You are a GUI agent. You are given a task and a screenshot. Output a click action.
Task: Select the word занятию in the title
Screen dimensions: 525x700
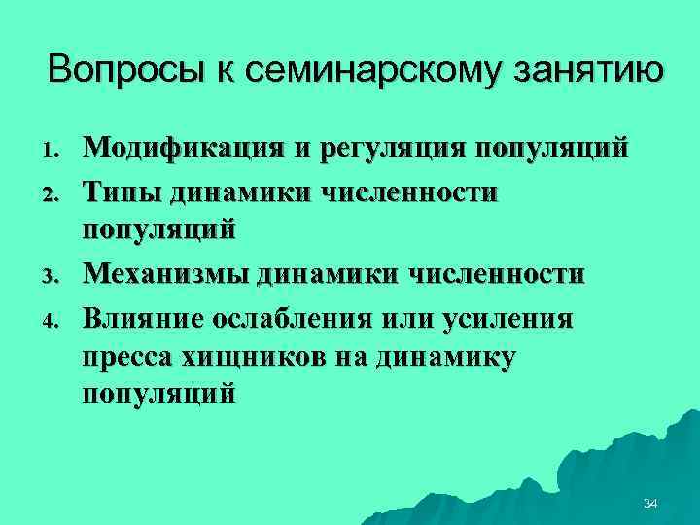tap(582, 71)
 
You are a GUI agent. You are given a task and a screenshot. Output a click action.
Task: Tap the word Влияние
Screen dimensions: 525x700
tap(142, 317)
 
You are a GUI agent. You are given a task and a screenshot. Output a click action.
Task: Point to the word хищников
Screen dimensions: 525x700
tap(242, 357)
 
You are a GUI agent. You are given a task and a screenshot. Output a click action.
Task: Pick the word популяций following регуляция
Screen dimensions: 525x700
tap(551, 151)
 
